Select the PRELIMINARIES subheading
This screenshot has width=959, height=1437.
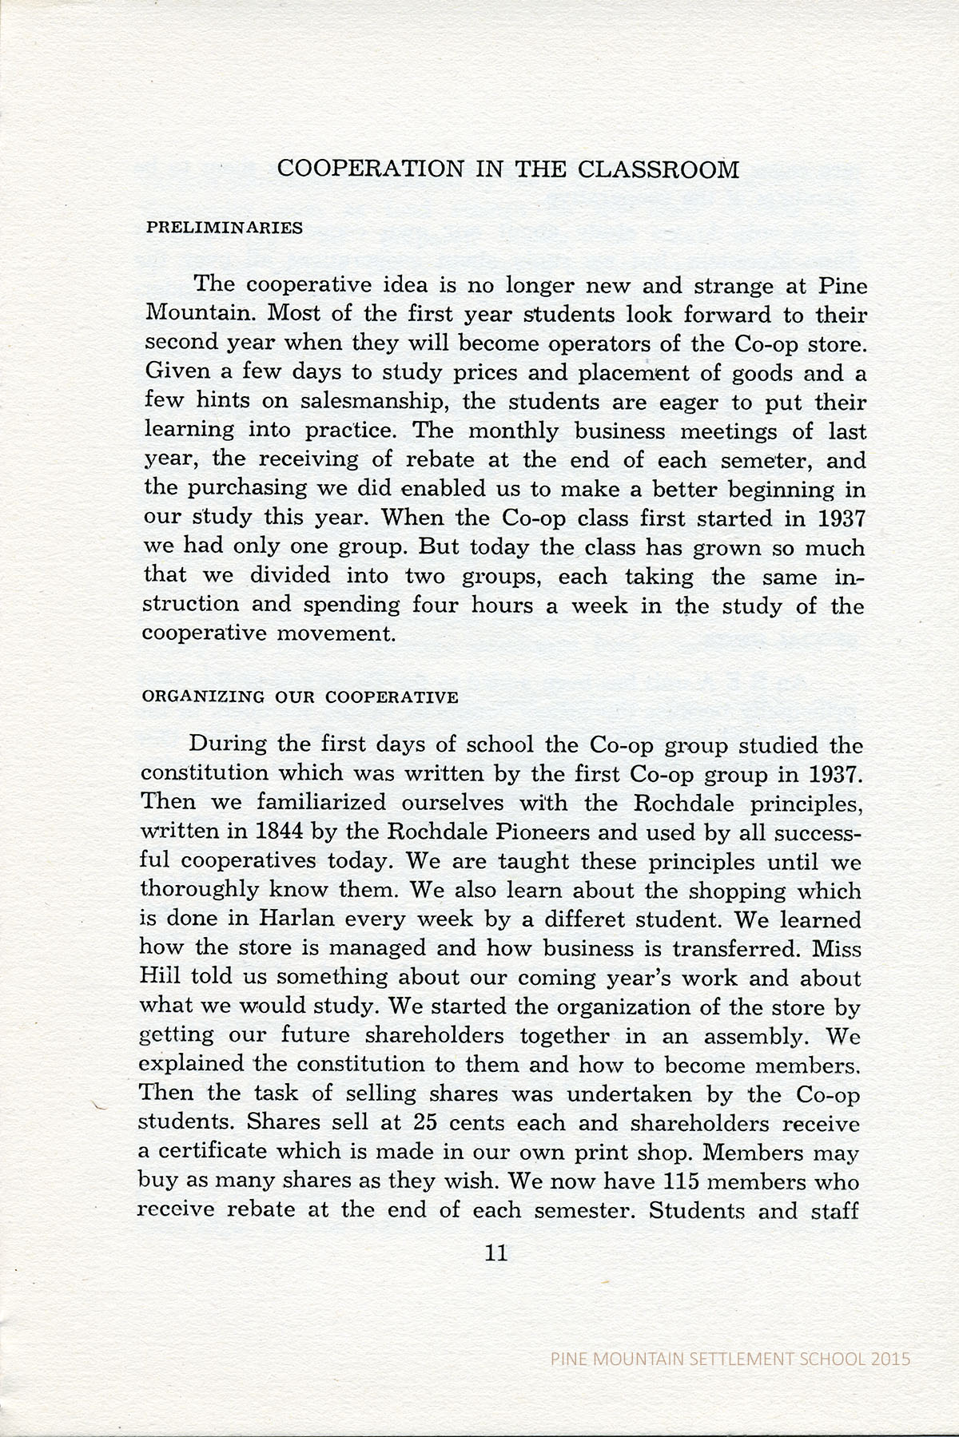click(x=224, y=228)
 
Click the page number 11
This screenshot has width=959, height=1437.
click(x=496, y=1252)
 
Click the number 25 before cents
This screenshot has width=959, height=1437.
click(x=424, y=1122)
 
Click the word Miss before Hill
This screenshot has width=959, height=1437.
click(x=836, y=948)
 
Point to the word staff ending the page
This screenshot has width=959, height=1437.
click(x=834, y=1210)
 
